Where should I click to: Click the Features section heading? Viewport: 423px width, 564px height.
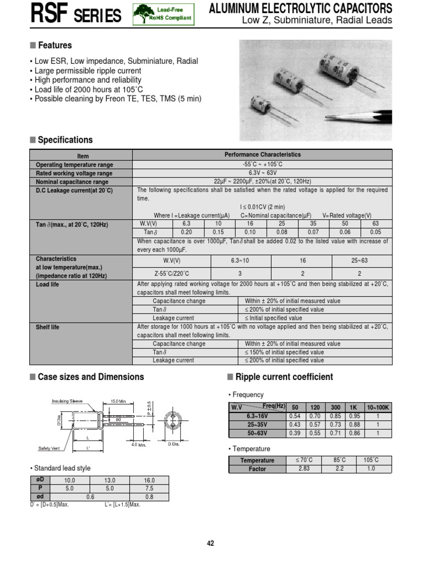coord(55,46)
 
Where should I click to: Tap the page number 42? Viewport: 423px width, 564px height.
coord(210,543)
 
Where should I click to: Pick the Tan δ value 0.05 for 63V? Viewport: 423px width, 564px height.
coord(376,232)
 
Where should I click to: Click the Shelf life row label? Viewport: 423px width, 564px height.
coord(47,327)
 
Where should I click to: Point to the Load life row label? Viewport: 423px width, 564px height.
coord(47,285)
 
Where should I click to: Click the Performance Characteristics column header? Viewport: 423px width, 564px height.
coord(263,155)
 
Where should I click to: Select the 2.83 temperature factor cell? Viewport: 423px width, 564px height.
coord(304,469)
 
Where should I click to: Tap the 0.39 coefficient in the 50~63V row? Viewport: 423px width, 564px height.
coord(295,433)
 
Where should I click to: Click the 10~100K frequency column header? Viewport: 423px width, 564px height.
coord(378,407)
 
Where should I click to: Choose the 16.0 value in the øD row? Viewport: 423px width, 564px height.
coord(149,480)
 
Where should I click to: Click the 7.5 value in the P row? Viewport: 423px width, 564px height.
coord(149,488)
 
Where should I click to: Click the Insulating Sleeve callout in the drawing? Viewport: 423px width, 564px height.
coord(68,402)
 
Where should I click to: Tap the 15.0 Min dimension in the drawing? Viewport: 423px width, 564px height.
coord(119,401)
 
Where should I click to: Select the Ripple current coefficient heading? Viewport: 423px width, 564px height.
coord(284,377)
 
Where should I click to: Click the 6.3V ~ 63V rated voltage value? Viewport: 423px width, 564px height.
coord(263,173)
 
